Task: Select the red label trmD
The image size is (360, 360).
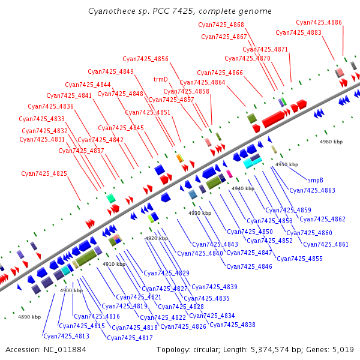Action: click(160, 79)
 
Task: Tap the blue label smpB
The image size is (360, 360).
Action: click(316, 179)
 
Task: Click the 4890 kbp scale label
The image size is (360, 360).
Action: click(29, 317)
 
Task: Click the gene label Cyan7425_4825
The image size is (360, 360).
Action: click(44, 173)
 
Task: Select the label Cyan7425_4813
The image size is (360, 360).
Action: click(66, 336)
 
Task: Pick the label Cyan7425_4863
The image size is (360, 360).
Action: click(312, 190)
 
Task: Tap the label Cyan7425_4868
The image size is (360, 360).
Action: click(221, 25)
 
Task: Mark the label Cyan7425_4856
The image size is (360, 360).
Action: click(145, 59)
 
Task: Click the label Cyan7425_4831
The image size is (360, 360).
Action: click(42, 139)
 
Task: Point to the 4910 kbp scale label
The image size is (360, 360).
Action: click(114, 264)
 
